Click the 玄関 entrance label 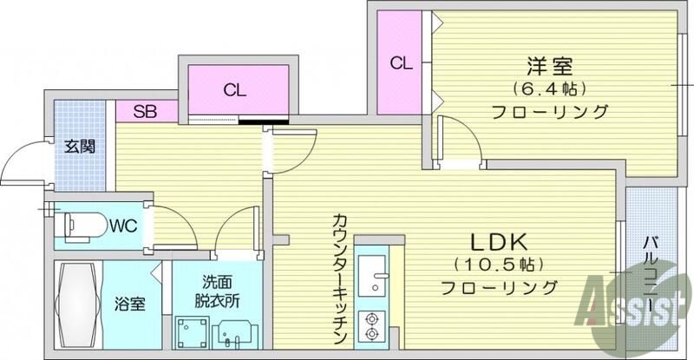79,146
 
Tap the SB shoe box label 145,111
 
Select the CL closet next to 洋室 399,62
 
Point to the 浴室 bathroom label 129,305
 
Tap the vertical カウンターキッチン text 339,278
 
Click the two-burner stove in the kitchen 374,324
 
